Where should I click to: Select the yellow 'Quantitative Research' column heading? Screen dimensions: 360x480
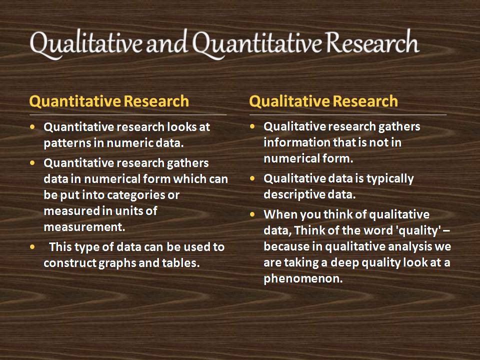109,101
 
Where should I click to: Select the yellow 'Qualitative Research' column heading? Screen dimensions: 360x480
323,101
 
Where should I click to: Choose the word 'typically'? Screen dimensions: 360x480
388,178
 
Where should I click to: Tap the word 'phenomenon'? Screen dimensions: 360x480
302,278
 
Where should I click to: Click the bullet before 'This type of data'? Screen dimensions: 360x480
33,247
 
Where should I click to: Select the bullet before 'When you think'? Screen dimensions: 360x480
253,214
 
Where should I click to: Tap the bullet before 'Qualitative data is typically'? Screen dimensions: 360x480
253,178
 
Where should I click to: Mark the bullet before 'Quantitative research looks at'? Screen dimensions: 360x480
33,127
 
